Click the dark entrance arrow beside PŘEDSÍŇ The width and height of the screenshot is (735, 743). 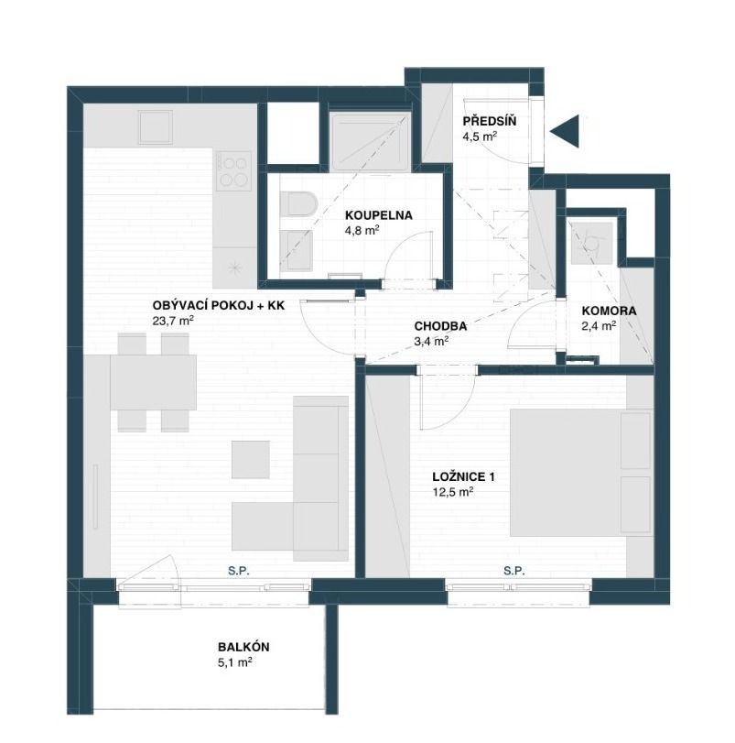point(567,131)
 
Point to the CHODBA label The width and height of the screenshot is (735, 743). point(441,325)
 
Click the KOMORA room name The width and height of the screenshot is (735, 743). point(609,311)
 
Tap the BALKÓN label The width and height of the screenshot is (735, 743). point(243,646)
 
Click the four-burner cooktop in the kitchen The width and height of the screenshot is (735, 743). point(234,171)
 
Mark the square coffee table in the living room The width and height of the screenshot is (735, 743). point(250,459)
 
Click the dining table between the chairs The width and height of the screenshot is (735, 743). point(153,382)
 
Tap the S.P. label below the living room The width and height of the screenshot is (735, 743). point(239,570)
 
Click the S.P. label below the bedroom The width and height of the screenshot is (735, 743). point(514,570)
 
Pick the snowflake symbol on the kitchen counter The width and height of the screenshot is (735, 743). point(234,267)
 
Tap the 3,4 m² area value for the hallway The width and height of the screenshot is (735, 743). point(429,341)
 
